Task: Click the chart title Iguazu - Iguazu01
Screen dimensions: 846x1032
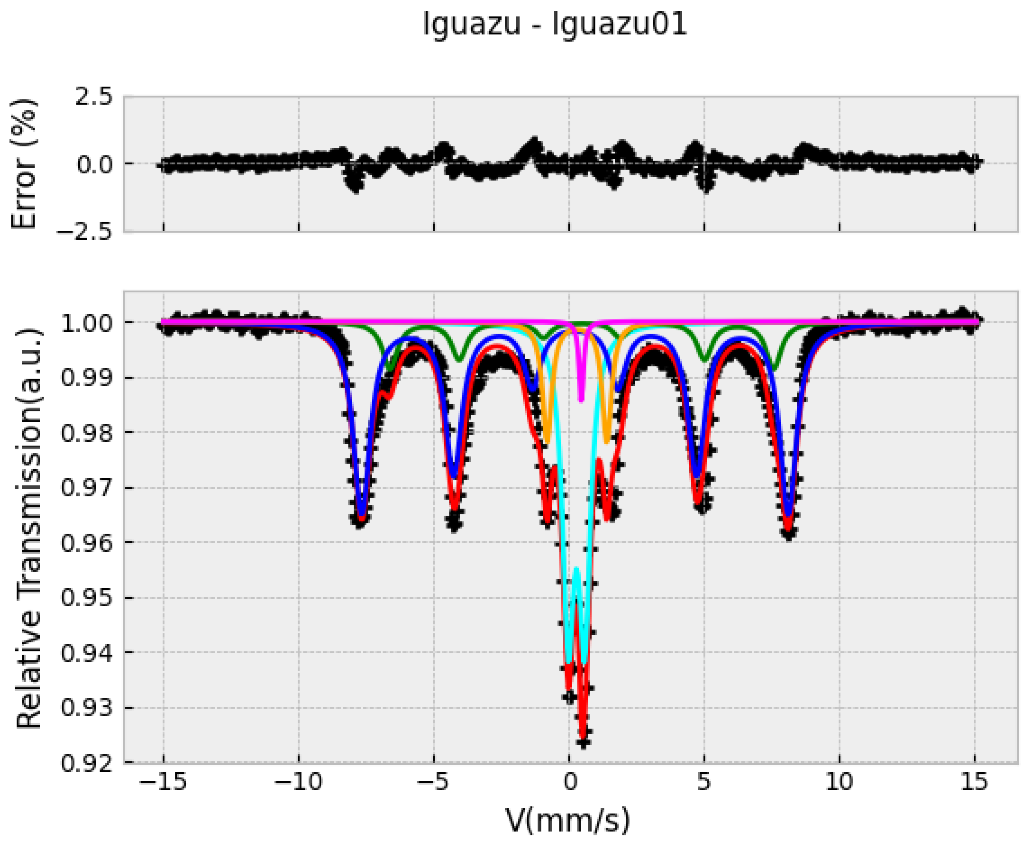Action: (555, 24)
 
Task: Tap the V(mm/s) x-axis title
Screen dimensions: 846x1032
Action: (568, 820)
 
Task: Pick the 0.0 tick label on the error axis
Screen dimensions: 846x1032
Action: (94, 164)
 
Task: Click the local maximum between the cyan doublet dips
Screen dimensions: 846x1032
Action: (576, 569)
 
